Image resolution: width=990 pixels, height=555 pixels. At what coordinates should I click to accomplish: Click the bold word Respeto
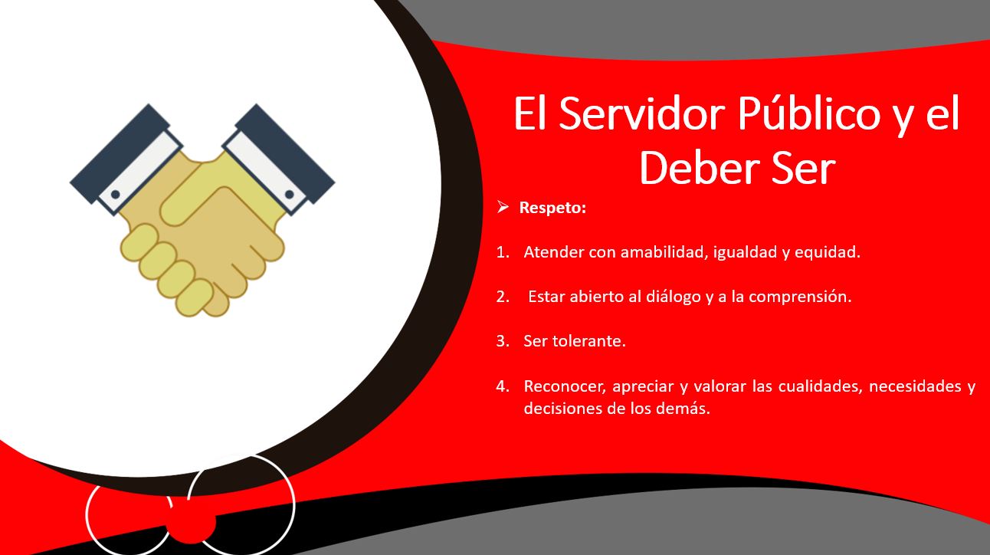(x=552, y=208)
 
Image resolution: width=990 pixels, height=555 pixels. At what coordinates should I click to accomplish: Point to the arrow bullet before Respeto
(x=503, y=207)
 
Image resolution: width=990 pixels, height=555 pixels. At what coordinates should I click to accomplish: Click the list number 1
(x=502, y=252)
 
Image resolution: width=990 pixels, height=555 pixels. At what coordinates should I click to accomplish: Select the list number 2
(x=502, y=297)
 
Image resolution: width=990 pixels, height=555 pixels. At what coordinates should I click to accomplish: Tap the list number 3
(x=502, y=341)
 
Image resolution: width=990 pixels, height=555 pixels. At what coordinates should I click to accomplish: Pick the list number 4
(x=502, y=386)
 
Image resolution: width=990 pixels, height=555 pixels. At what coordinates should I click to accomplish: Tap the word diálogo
(x=674, y=297)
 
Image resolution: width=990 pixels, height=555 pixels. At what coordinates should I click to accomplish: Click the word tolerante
(x=589, y=341)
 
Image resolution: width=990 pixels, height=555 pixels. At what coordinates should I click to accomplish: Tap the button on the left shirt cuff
(x=116, y=194)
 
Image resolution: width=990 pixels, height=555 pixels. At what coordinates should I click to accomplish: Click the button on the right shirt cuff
(x=290, y=195)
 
